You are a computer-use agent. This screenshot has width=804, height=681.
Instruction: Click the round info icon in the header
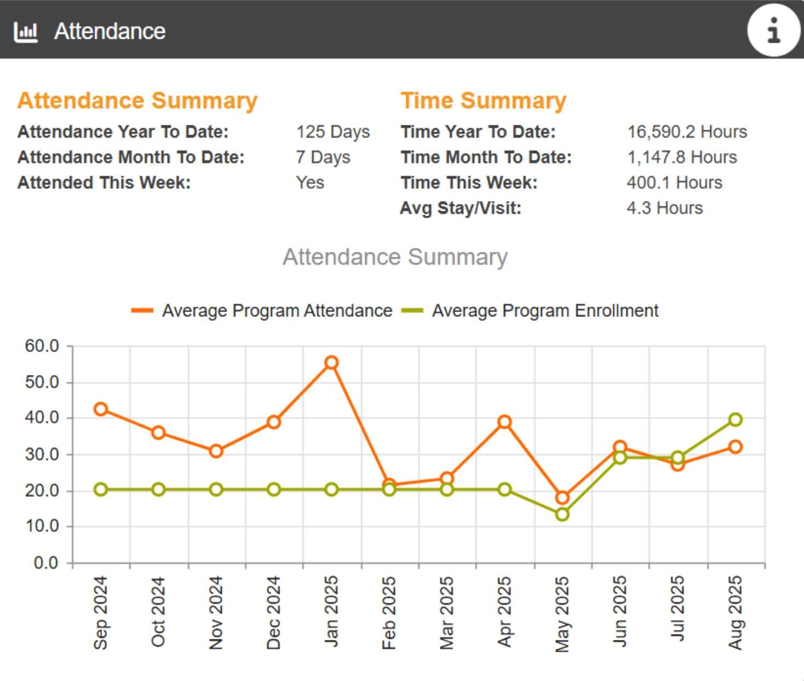click(x=773, y=30)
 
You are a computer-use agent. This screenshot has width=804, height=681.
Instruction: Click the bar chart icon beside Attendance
click(x=26, y=32)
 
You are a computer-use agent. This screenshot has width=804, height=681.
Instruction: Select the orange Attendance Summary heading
click(x=137, y=101)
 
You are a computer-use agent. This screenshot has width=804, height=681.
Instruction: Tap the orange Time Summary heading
click(x=483, y=101)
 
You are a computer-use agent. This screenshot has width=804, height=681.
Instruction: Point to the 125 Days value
click(x=333, y=132)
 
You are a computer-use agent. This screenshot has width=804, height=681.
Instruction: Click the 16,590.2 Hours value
click(x=687, y=132)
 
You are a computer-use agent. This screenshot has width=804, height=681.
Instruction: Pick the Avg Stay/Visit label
click(x=461, y=208)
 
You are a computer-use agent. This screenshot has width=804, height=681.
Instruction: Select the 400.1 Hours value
click(x=674, y=182)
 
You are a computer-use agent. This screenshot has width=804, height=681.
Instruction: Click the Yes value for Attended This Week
click(x=310, y=182)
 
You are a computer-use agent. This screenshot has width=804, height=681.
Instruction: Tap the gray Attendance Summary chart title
click(x=395, y=257)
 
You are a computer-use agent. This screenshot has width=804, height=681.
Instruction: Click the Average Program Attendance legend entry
click(x=262, y=310)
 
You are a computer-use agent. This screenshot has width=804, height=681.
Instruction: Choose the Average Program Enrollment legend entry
click(x=530, y=310)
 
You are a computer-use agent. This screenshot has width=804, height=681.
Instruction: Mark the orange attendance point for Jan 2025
click(x=331, y=362)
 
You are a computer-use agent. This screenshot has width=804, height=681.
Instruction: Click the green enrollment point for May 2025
click(x=562, y=515)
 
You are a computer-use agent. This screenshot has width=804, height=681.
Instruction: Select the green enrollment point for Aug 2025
click(x=736, y=419)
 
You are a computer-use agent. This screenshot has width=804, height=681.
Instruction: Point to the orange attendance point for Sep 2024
click(x=101, y=409)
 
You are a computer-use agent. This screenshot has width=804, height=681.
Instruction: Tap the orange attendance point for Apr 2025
click(x=504, y=422)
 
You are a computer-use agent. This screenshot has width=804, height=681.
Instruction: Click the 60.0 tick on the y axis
click(x=42, y=346)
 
